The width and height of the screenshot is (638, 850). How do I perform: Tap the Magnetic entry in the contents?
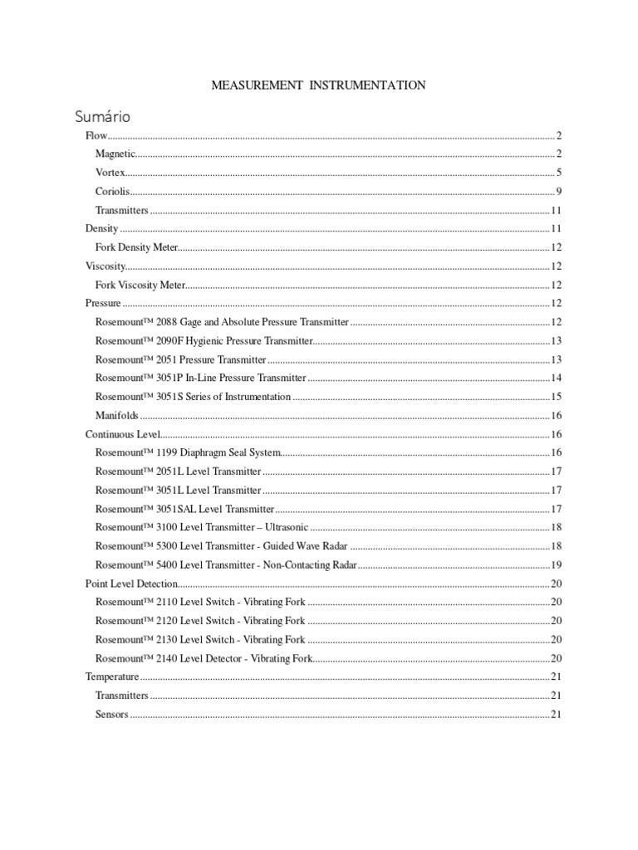115,154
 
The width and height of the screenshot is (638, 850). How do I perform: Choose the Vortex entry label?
110,173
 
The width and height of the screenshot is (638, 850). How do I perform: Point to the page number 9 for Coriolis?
559,192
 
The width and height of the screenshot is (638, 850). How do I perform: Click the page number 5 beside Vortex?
559,173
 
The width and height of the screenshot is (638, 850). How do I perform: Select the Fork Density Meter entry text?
136,247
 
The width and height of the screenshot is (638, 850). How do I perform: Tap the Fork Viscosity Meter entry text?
140,285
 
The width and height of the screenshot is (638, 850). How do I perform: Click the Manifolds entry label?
116,415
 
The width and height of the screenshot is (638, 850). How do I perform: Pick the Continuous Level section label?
122,434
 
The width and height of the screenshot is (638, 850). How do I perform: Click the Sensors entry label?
111,715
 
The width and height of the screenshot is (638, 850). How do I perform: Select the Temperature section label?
111,677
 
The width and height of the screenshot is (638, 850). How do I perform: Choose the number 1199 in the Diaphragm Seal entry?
167,453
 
